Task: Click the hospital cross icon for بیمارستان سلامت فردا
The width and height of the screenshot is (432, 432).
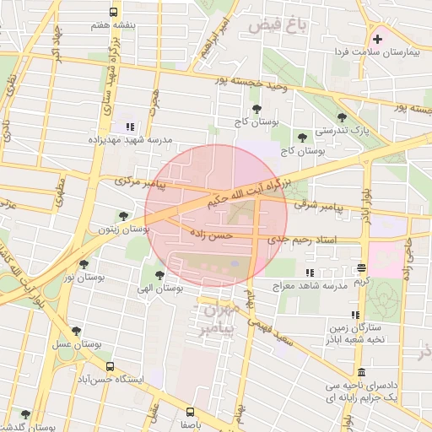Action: click(x=377, y=39)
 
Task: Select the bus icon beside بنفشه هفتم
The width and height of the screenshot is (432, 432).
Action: click(x=114, y=12)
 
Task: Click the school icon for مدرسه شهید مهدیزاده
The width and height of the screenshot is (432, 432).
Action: click(x=129, y=127)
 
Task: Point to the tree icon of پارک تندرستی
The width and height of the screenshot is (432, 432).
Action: click(x=341, y=118)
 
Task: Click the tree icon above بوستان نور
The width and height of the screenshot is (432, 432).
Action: click(x=83, y=263)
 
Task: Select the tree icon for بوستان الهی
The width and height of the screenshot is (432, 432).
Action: click(x=159, y=274)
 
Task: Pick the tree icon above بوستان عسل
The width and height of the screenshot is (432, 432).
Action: click(x=77, y=332)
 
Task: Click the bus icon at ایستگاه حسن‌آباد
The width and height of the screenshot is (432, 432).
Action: click(x=111, y=366)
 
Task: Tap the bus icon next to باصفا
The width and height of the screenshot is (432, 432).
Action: click(x=189, y=413)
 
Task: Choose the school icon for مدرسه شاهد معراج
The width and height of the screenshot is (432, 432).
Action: click(x=310, y=273)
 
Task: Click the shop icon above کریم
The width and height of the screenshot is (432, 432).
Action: click(x=361, y=267)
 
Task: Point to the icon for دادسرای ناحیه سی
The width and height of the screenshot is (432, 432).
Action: click(x=361, y=373)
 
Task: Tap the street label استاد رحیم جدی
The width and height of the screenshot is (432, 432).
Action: click(x=302, y=240)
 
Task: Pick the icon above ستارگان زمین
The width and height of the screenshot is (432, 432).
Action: click(x=355, y=314)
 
